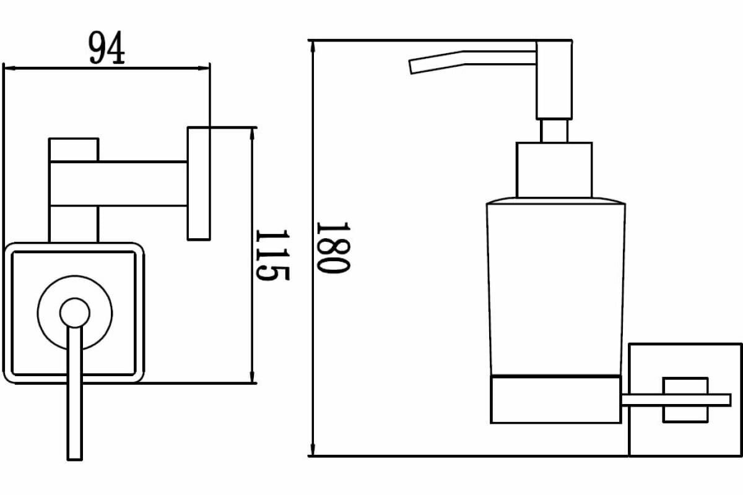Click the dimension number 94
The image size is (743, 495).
(x=106, y=48)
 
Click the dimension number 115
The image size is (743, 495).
(x=272, y=255)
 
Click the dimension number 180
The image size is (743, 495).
(x=333, y=247)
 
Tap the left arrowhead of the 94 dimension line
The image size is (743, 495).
(x=9, y=68)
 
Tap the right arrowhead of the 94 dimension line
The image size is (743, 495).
(x=204, y=68)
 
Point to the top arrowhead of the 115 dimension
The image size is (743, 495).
(x=252, y=134)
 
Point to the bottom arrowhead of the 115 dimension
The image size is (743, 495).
(x=252, y=377)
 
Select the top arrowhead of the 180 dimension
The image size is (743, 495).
(x=313, y=48)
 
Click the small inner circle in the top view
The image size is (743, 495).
(x=75, y=313)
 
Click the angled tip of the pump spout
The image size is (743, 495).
(x=411, y=67)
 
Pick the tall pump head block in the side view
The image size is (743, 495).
(x=554, y=80)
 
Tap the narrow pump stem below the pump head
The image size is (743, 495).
(x=554, y=131)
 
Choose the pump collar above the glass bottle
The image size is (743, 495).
(x=554, y=170)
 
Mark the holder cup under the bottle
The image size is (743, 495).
(x=555, y=400)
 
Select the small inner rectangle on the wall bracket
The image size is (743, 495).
(x=685, y=400)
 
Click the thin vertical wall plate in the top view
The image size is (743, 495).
(x=199, y=184)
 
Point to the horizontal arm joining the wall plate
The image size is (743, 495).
(x=118, y=184)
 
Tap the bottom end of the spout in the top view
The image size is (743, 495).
(x=75, y=460)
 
